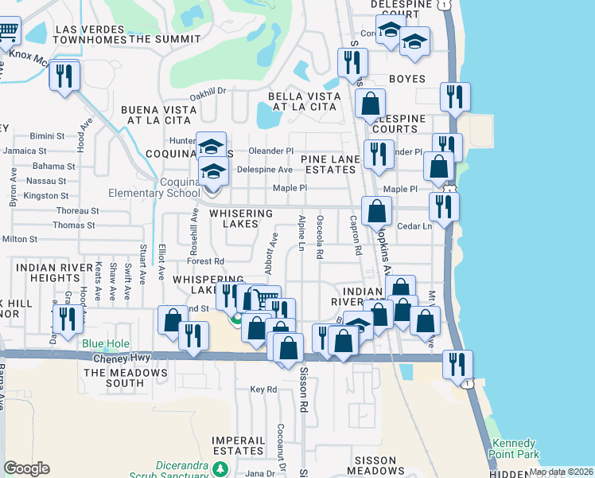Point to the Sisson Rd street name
[303, 395]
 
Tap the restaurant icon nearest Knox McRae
[64, 76]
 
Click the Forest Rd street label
[205, 261]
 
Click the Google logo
[26, 468]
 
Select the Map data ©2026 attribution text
[560, 472]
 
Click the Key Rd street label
[262, 390]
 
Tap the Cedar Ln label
[414, 226]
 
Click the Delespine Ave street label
[265, 170]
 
